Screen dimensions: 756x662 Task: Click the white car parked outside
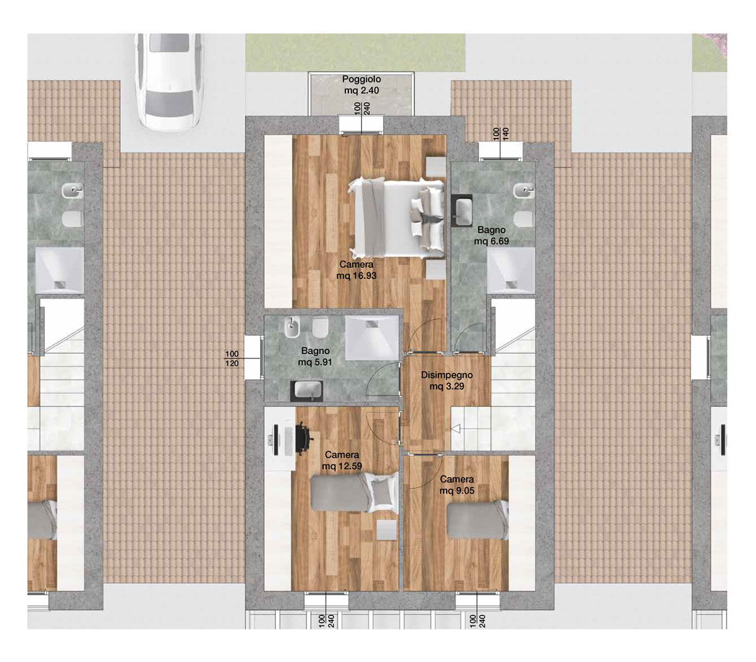pyautogui.click(x=169, y=81)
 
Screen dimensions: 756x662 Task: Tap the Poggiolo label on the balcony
pyautogui.click(x=361, y=79)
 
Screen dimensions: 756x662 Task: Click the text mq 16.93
pyautogui.click(x=356, y=276)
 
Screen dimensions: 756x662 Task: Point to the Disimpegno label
pyautogui.click(x=447, y=375)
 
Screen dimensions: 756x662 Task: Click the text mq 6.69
pyautogui.click(x=491, y=241)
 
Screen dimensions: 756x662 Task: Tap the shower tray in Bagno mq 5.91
pyautogui.click(x=372, y=337)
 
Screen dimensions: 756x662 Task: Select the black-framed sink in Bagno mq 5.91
pyautogui.click(x=306, y=391)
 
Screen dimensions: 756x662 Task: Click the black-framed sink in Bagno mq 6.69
pyautogui.click(x=462, y=210)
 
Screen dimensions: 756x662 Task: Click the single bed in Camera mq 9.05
pyautogui.click(x=478, y=520)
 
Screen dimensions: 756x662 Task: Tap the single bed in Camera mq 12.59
pyautogui.click(x=355, y=493)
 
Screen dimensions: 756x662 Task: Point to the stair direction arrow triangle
pyautogui.click(x=455, y=429)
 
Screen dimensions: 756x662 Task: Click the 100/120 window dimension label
pyautogui.click(x=232, y=358)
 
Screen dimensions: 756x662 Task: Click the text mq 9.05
pyautogui.click(x=457, y=491)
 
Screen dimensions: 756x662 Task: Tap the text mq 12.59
pyautogui.click(x=342, y=466)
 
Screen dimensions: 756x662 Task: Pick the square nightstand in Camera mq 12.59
pyautogui.click(x=386, y=529)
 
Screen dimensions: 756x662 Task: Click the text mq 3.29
pyautogui.click(x=447, y=386)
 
